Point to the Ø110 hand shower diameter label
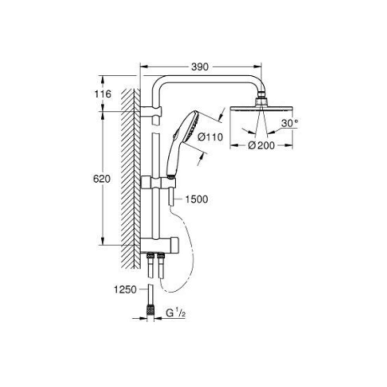coord(211,137)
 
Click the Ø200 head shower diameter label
coord(261,146)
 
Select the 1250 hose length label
coord(125,289)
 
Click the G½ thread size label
coord(176,313)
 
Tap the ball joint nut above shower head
coord(262,101)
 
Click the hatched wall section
coord(130,178)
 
